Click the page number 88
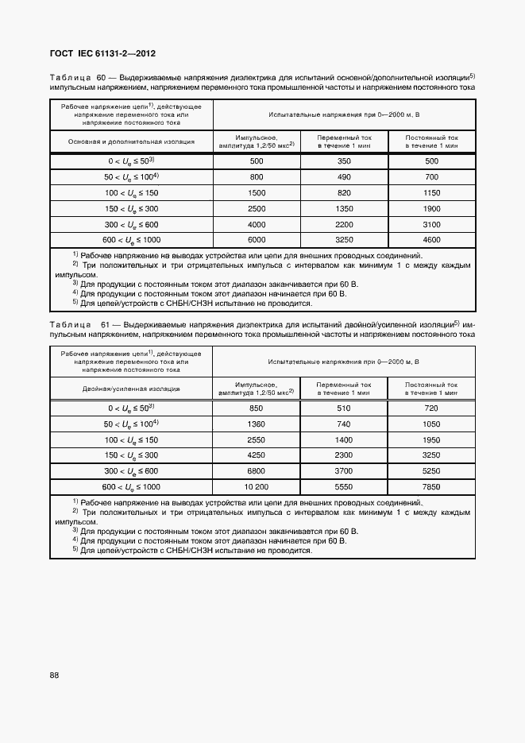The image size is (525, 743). click(x=54, y=675)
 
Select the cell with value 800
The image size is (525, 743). click(x=256, y=176)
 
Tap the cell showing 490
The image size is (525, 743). click(x=344, y=176)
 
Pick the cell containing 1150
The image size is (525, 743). click(x=431, y=193)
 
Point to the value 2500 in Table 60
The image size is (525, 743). click(x=256, y=208)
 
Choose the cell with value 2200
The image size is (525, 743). click(x=344, y=224)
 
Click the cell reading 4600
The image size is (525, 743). click(x=431, y=239)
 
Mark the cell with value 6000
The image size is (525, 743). click(x=256, y=239)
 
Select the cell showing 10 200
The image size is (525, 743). click(x=256, y=486)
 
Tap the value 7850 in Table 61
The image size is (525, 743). click(x=431, y=486)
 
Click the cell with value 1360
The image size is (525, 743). click(x=256, y=424)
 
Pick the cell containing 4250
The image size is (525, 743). click(x=256, y=455)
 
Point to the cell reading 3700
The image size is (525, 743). click(x=344, y=470)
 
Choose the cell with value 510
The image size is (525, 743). click(x=344, y=408)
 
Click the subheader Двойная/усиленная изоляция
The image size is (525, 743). click(x=131, y=389)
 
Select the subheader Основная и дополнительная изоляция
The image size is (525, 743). click(x=131, y=141)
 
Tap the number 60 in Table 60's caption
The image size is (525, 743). click(x=102, y=78)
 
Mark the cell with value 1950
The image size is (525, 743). click(x=431, y=439)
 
